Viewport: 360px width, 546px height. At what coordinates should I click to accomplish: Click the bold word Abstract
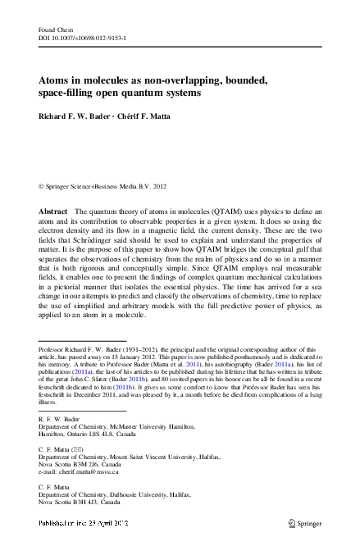[54, 212]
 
